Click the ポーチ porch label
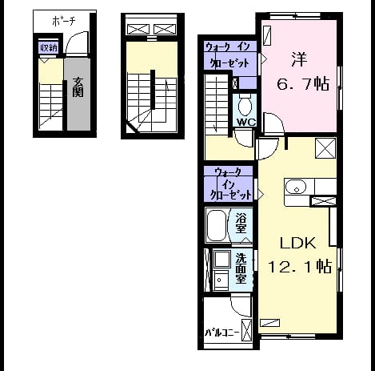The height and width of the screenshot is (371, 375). pyautogui.click(x=64, y=21)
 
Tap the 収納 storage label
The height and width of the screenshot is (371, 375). pyautogui.click(x=49, y=48)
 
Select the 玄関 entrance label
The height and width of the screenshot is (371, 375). pyautogui.click(x=78, y=87)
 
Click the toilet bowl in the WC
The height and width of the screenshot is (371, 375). pyautogui.click(x=245, y=106)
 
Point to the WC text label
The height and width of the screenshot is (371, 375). pyautogui.click(x=246, y=122)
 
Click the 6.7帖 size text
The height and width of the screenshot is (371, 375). pyautogui.click(x=302, y=84)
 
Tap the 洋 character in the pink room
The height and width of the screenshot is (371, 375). pyautogui.click(x=299, y=59)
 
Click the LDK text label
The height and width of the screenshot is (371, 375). pyautogui.click(x=297, y=243)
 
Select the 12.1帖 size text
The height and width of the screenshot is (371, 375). pyautogui.click(x=300, y=266)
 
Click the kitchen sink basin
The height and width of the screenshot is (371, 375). pyautogui.click(x=296, y=188)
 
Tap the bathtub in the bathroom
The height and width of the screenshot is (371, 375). pyautogui.click(x=217, y=225)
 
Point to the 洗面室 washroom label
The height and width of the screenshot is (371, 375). pyautogui.click(x=241, y=268)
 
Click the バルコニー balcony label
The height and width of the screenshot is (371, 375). pyautogui.click(x=221, y=333)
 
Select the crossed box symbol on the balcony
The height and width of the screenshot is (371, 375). pyautogui.click(x=246, y=330)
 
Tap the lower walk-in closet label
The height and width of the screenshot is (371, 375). pyautogui.click(x=230, y=184)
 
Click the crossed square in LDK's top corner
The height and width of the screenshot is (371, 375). pyautogui.click(x=325, y=148)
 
